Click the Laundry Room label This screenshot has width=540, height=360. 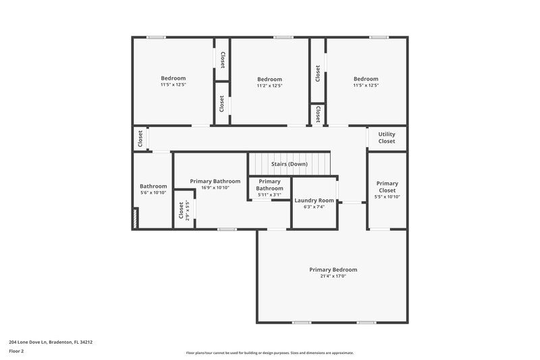[314, 200]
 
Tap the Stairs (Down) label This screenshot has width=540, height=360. [289, 164]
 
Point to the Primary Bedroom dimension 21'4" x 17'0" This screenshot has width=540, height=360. [333, 276]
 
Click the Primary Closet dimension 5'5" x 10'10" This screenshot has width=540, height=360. [387, 197]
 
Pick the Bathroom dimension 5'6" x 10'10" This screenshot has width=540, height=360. [153, 193]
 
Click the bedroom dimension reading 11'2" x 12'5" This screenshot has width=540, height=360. [269, 86]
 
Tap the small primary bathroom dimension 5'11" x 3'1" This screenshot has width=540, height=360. [269, 195]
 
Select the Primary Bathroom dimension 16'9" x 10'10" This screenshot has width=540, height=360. [215, 188]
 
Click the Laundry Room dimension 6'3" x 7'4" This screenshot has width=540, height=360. [314, 207]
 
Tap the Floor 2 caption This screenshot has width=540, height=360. [17, 351]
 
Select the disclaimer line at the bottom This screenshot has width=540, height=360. [269, 353]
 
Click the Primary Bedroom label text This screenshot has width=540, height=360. [333, 269]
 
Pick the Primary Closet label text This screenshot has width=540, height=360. [387, 186]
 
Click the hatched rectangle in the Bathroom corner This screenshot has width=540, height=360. [136, 217]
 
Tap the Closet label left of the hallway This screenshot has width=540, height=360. [140, 139]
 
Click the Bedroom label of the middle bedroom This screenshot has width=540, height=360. [269, 79]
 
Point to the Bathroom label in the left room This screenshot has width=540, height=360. [153, 186]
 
